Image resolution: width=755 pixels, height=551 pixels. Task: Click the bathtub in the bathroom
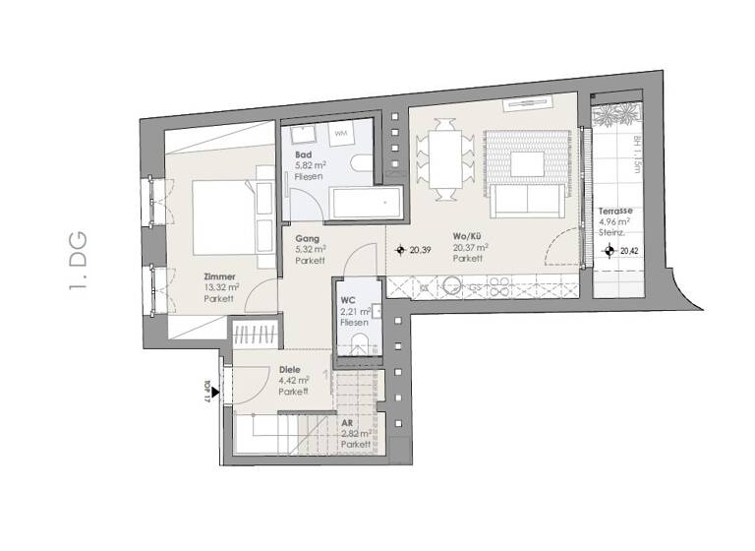(368, 207)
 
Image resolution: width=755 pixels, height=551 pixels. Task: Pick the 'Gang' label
(306, 238)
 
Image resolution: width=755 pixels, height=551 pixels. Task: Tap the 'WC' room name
(347, 300)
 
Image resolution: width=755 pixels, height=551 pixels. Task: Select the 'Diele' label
(289, 370)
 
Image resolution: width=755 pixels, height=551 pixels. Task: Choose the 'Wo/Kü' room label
(466, 237)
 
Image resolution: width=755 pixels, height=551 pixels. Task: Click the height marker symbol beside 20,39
(400, 251)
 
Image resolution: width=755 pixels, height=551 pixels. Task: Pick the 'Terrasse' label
(615, 212)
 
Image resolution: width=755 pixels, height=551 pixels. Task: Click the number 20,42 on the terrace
(629, 252)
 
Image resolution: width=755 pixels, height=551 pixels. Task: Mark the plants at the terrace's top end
(615, 114)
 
